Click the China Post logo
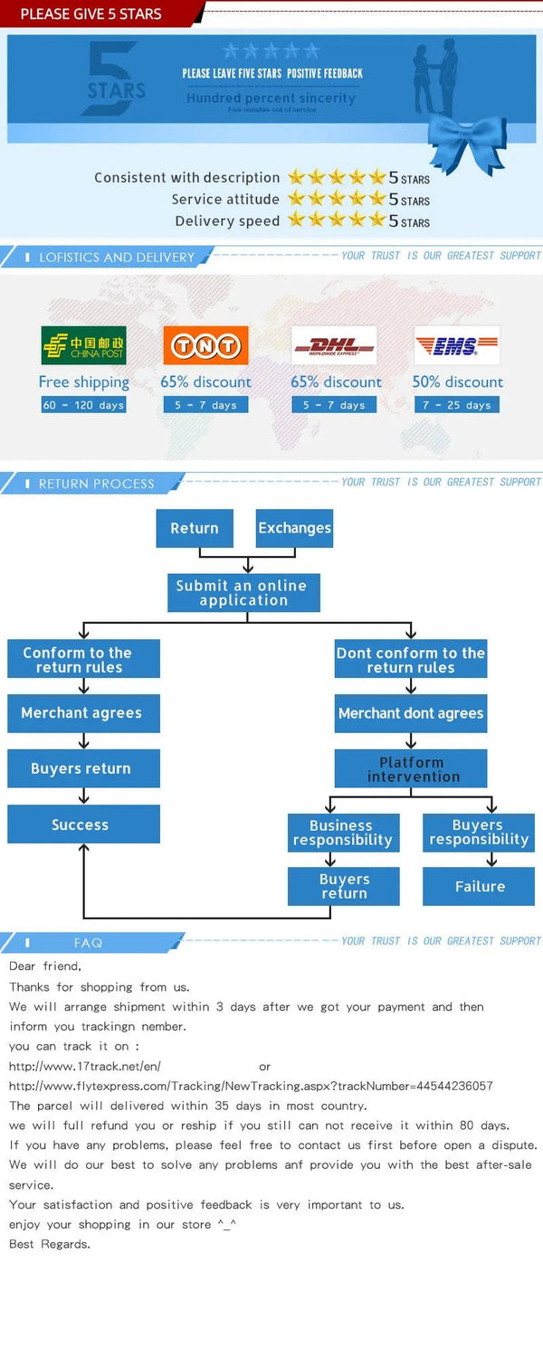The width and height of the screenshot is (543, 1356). pyautogui.click(x=83, y=345)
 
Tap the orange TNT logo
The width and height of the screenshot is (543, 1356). pyautogui.click(x=205, y=345)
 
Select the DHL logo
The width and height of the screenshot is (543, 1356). pyautogui.click(x=334, y=345)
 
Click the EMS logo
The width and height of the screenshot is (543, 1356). pyautogui.click(x=457, y=345)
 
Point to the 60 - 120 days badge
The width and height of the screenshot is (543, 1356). pyautogui.click(x=83, y=405)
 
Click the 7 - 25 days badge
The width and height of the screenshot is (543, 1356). pyautogui.click(x=457, y=405)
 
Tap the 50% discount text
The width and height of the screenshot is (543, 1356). pyautogui.click(x=457, y=381)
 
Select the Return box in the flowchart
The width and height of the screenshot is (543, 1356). pyautogui.click(x=195, y=528)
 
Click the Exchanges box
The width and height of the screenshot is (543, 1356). pyautogui.click(x=294, y=528)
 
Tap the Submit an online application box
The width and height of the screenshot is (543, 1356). pyautogui.click(x=243, y=593)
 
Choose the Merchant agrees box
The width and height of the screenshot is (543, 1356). pyautogui.click(x=83, y=713)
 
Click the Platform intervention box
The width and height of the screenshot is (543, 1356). pyautogui.click(x=411, y=769)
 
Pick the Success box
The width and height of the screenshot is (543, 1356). pyautogui.click(x=83, y=824)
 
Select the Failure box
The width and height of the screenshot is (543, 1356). pyautogui.click(x=479, y=887)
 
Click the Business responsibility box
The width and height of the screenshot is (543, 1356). pyautogui.click(x=343, y=833)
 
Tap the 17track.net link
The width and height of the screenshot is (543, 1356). pyautogui.click(x=85, y=1067)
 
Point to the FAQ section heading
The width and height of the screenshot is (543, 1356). pyautogui.click(x=88, y=943)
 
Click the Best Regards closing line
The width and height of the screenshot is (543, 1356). pyautogui.click(x=50, y=1244)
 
